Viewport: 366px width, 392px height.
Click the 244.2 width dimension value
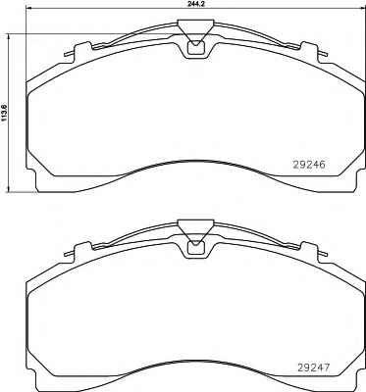point(194,4)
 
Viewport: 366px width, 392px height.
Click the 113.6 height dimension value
point(4,113)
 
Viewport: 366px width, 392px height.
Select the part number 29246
point(309,166)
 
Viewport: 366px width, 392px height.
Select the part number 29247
point(313,367)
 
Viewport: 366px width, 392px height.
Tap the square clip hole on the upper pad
point(195,47)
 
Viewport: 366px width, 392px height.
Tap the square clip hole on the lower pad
point(195,248)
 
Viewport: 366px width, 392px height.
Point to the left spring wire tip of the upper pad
point(66,54)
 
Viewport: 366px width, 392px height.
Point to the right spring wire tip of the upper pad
point(325,54)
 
